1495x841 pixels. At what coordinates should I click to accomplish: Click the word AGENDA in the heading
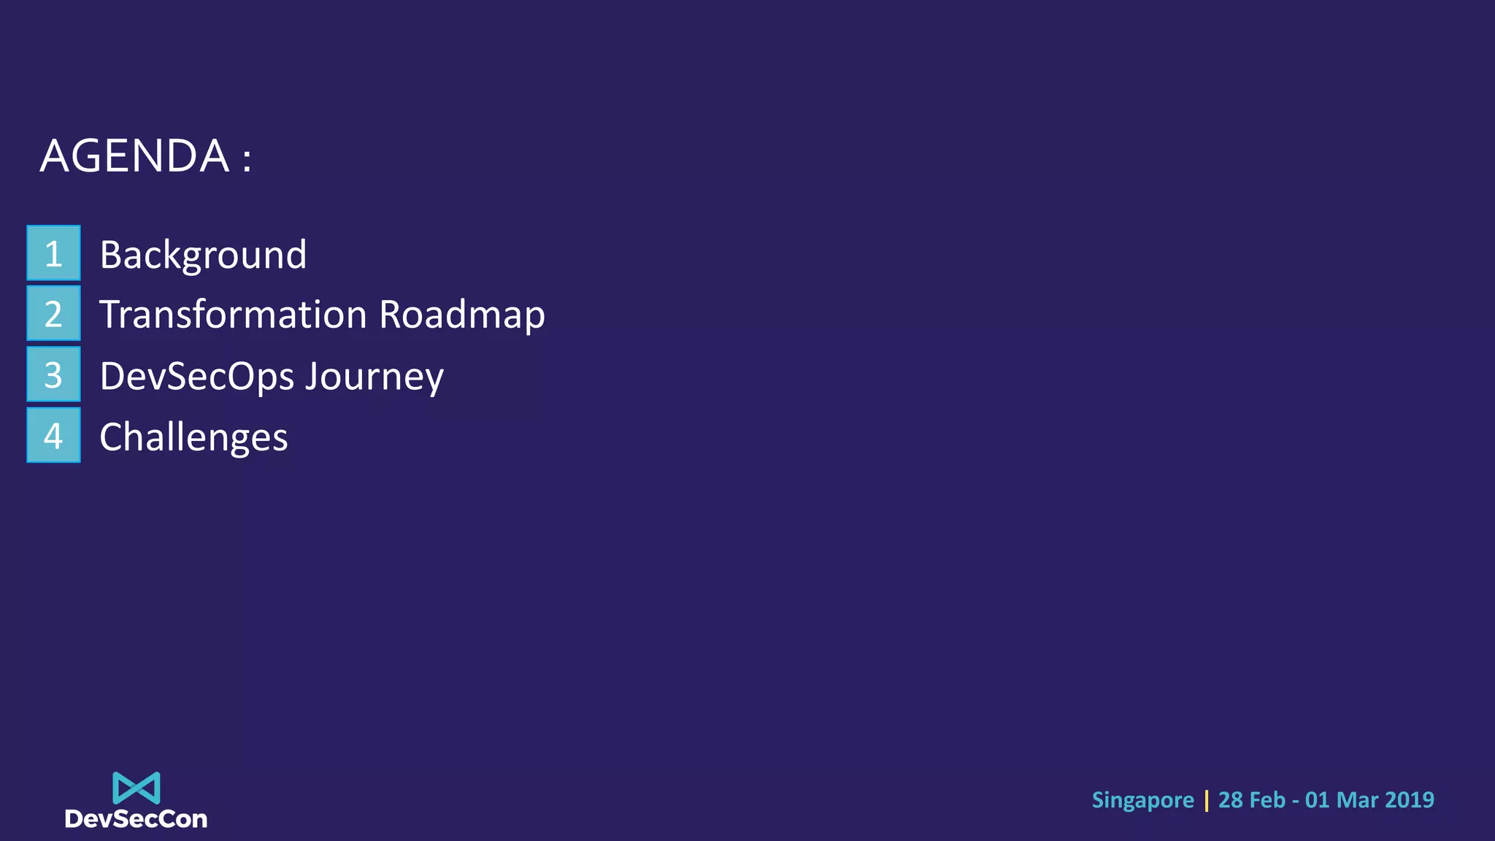pyautogui.click(x=134, y=156)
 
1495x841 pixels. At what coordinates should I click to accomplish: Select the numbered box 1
pyautogui.click(x=53, y=253)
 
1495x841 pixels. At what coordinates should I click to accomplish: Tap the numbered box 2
pyautogui.click(x=53, y=313)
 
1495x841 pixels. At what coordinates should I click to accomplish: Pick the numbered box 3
pyautogui.click(x=53, y=375)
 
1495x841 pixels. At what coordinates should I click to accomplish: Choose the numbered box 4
pyautogui.click(x=53, y=436)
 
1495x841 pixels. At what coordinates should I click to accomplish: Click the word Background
pyautogui.click(x=203, y=256)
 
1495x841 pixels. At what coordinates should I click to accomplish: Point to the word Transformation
pyautogui.click(x=233, y=315)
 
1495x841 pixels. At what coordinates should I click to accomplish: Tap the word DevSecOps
pyautogui.click(x=197, y=377)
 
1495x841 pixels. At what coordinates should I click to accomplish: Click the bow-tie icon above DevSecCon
pyautogui.click(x=137, y=788)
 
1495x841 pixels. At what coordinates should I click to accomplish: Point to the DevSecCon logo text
pyautogui.click(x=137, y=819)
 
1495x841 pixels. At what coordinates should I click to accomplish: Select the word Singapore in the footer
pyautogui.click(x=1142, y=801)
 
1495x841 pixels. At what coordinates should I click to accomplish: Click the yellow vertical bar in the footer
pyautogui.click(x=1206, y=800)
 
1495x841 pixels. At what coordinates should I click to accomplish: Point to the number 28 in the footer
pyautogui.click(x=1231, y=800)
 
